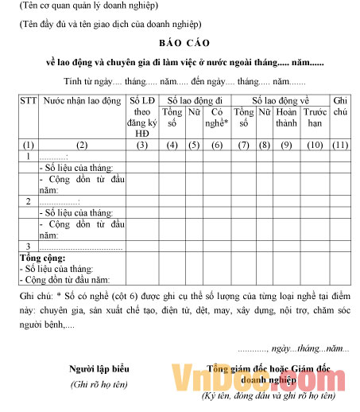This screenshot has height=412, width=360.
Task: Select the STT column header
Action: (x=28, y=101)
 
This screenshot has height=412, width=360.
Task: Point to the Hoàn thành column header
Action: (x=286, y=118)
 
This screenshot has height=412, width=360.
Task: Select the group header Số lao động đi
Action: (x=194, y=101)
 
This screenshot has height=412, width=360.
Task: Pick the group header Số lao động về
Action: (x=281, y=101)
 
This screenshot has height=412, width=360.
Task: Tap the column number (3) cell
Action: (x=142, y=144)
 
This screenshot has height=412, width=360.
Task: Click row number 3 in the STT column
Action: (x=28, y=247)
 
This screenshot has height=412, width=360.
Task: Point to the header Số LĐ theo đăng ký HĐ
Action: (x=142, y=118)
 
